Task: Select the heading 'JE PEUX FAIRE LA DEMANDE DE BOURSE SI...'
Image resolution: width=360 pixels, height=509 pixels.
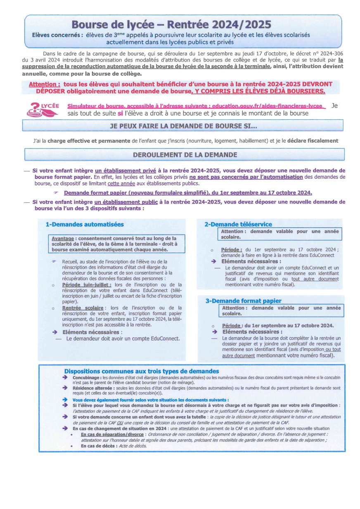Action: [183, 125]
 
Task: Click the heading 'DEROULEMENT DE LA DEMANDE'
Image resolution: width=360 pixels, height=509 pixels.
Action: [185, 155]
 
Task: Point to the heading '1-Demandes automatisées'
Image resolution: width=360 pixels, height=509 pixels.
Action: [85, 225]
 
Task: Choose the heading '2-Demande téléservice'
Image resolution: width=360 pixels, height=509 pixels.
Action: [238, 225]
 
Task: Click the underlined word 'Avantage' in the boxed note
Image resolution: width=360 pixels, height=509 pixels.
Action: [63, 239]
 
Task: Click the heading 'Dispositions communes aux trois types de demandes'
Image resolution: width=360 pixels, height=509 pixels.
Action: [142, 372]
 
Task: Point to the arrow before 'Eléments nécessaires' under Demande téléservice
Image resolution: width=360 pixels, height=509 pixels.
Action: [213, 261]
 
